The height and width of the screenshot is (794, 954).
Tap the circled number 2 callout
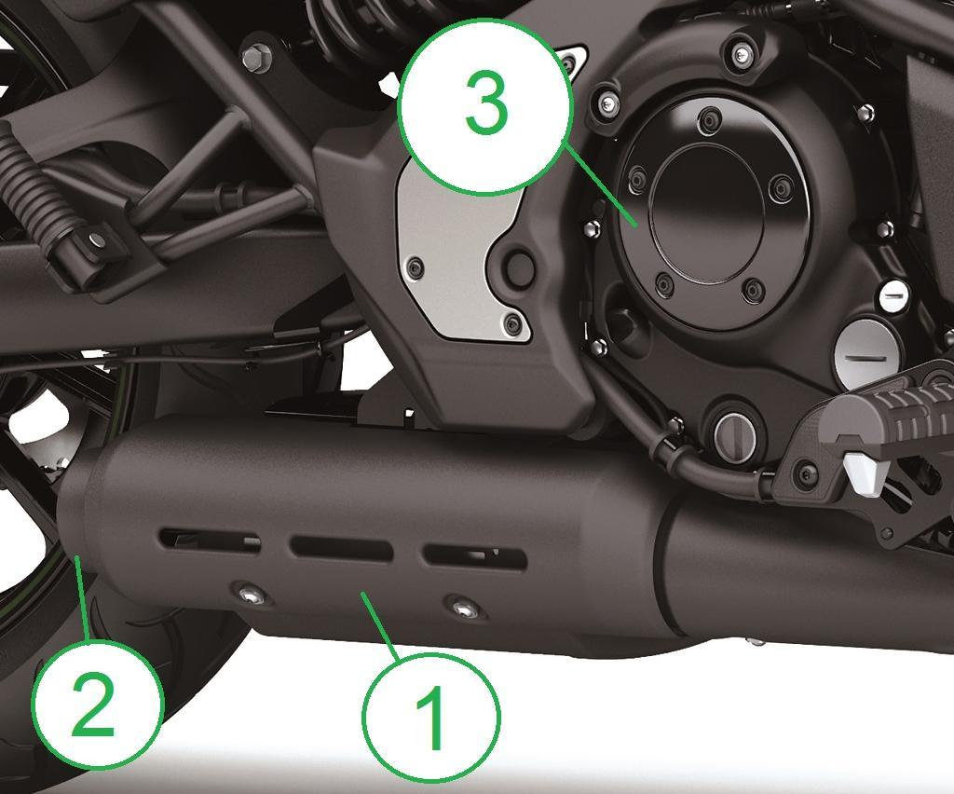click(x=97, y=703)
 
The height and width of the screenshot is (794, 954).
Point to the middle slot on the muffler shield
click(x=341, y=548)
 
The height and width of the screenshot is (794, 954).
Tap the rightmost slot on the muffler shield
click(x=474, y=557)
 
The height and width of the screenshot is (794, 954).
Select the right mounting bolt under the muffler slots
click(x=463, y=609)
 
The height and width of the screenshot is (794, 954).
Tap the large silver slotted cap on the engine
click(x=865, y=353)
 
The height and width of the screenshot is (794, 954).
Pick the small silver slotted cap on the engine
click(x=894, y=295)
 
